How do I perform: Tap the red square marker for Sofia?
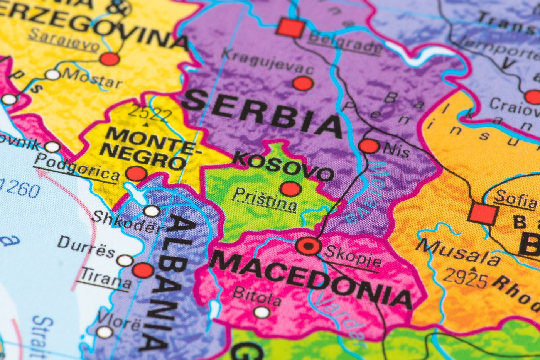click(x=483, y=214)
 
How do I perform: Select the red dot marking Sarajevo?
click(x=110, y=59)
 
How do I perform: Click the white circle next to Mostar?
click(x=53, y=74)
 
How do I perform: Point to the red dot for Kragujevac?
click(x=303, y=83)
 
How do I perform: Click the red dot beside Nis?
click(x=369, y=146)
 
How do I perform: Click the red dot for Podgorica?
click(x=137, y=174)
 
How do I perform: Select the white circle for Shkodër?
click(x=152, y=211)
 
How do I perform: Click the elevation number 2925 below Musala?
click(x=465, y=278)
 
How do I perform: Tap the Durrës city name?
click(x=86, y=247)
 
